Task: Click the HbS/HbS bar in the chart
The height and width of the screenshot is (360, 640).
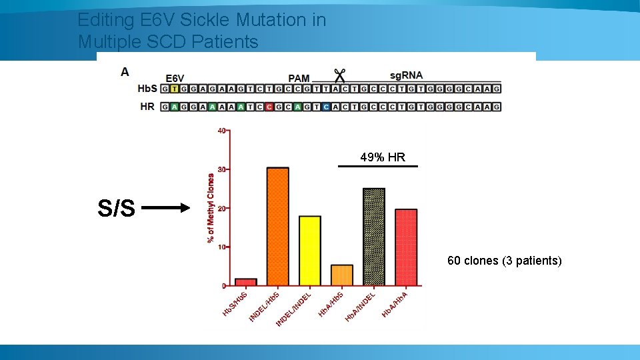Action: tap(245, 282)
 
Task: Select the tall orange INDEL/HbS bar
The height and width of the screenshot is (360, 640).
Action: tap(277, 227)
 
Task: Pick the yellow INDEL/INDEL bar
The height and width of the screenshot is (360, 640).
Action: tap(309, 251)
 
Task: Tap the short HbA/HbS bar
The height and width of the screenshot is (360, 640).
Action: tap(341, 275)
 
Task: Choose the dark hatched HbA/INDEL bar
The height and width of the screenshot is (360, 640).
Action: tap(373, 237)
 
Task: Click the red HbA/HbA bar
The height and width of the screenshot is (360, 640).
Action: tap(405, 247)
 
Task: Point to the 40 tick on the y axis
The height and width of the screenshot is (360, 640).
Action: tap(222, 130)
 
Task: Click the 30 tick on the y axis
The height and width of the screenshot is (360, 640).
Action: tap(222, 169)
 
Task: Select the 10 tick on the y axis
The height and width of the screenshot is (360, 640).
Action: tap(222, 247)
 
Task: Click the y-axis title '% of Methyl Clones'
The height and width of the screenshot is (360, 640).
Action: tap(211, 208)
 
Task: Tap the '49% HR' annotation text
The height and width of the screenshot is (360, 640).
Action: tap(382, 157)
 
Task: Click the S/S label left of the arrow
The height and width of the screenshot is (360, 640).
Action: tap(116, 209)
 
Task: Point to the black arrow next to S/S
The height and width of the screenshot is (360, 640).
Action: tap(167, 208)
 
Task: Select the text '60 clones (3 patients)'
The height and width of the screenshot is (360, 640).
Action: tap(504, 261)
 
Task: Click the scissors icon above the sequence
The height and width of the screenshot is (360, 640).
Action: tap(339, 76)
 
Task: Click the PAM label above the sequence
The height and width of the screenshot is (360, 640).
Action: tap(299, 78)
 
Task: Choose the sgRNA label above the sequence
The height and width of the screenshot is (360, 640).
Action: tap(406, 75)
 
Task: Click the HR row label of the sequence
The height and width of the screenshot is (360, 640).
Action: tap(148, 107)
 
